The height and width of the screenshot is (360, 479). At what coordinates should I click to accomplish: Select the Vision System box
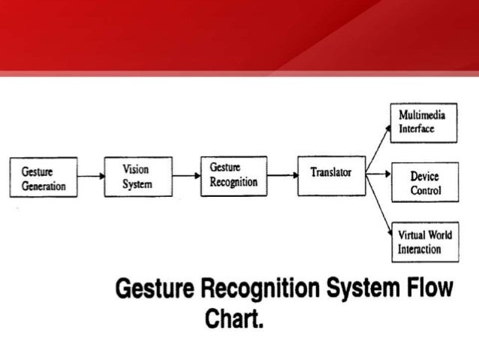point(137,177)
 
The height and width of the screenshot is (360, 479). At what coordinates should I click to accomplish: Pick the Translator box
point(331,175)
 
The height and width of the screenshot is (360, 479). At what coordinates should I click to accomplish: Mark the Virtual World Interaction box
point(424,241)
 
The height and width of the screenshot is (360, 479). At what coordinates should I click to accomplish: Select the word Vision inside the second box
point(137,170)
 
